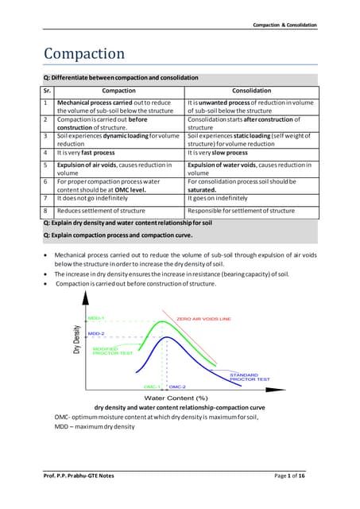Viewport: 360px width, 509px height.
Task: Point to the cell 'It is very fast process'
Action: [x=91, y=151]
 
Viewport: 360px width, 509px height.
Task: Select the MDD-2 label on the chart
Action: [x=96, y=333]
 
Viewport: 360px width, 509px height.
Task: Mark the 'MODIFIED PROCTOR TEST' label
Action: [x=106, y=351]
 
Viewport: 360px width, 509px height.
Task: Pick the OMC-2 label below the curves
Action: [x=177, y=386]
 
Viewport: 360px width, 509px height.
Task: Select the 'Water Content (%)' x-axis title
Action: [x=176, y=397]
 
